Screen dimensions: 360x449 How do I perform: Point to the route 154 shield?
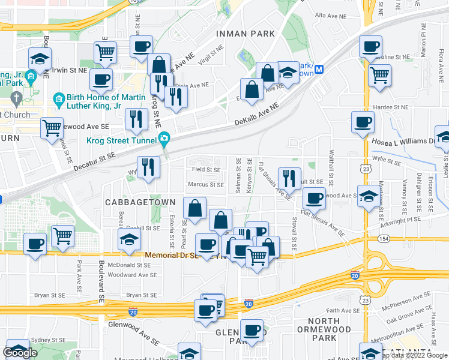click(384, 238)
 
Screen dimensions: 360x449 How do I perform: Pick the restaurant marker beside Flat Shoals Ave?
click(291, 178)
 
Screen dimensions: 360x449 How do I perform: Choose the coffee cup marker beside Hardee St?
click(363, 122)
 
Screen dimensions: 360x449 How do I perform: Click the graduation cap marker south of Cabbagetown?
click(128, 239)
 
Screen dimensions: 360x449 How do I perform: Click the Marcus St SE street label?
click(205, 185)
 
